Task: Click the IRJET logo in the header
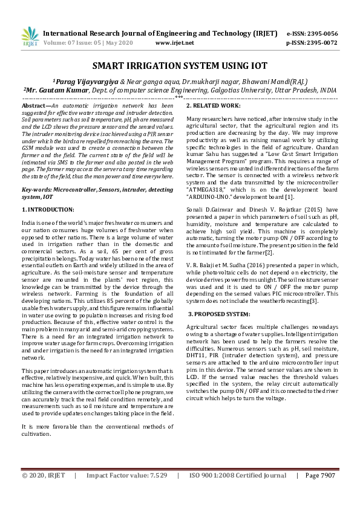pyautogui.click(x=30, y=37)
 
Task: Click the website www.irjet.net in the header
pyautogui.click(x=174, y=43)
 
